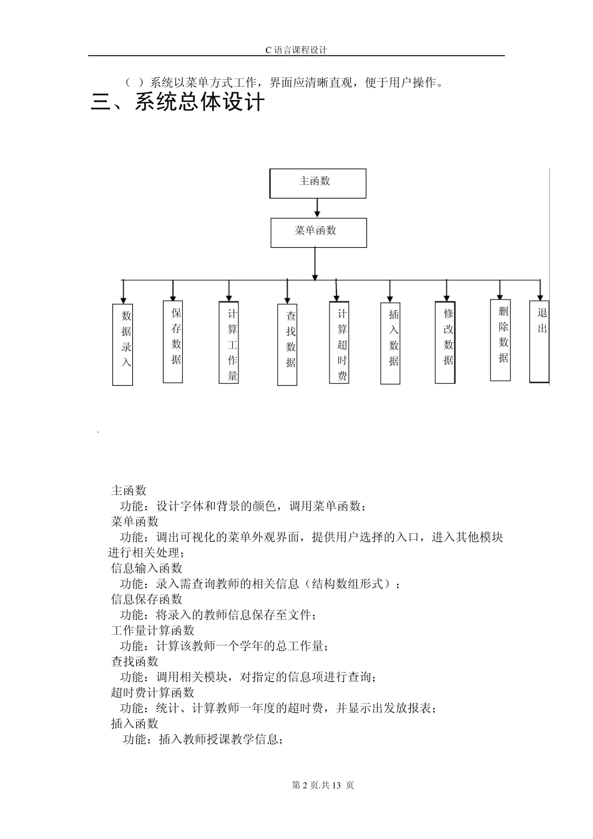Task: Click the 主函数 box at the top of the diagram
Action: coord(318,183)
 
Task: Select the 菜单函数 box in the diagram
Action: coord(318,232)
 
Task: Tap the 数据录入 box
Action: coord(123,345)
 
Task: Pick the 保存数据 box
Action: coord(173,341)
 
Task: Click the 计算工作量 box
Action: coord(229,343)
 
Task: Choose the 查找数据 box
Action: coord(287,345)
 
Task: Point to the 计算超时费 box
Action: coord(339,343)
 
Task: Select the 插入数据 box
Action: coord(390,343)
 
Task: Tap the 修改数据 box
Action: coord(445,342)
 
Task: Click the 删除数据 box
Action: coord(500,340)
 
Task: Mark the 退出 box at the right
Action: coord(539,341)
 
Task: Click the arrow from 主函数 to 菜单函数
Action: coord(318,208)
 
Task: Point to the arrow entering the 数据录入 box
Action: coord(124,292)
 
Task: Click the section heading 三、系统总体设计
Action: coord(178,102)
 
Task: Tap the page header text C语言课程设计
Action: coord(296,50)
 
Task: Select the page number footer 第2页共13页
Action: coord(323,785)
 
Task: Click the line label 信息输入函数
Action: coord(147,568)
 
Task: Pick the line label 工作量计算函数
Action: coord(153,630)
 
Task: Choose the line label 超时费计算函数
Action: coord(153,692)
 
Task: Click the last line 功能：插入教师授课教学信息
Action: coord(203,739)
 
